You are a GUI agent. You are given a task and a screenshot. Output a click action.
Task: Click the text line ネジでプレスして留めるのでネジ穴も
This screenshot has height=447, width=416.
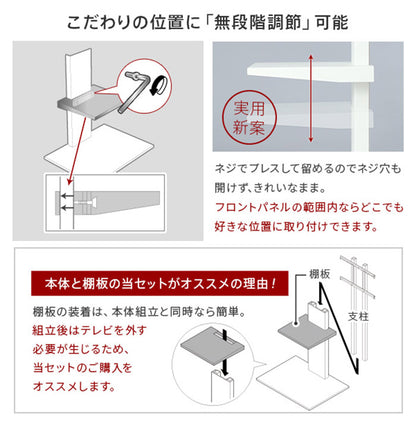click(304, 169)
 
